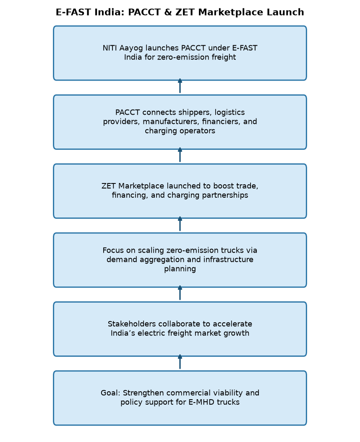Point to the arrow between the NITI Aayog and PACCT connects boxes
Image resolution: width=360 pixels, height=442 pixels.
click(180, 86)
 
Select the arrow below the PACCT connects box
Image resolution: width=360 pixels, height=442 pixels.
click(180, 155)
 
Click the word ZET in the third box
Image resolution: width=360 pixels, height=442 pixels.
click(109, 186)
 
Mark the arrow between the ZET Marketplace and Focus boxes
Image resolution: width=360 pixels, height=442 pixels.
click(180, 224)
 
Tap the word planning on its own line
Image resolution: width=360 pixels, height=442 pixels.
click(180, 269)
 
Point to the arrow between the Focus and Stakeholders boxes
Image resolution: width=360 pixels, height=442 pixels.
click(180, 293)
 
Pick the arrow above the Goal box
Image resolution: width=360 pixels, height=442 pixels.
click(180, 362)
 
